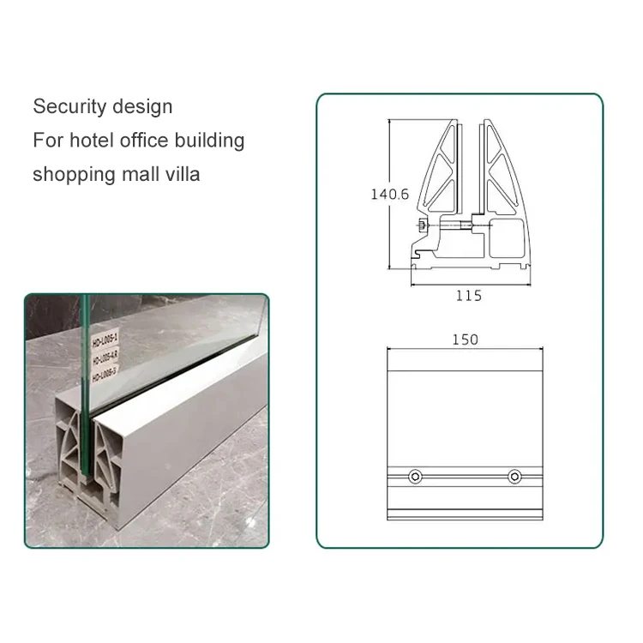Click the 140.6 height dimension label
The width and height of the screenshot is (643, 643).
(x=389, y=194)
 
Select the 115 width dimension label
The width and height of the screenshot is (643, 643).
(x=468, y=296)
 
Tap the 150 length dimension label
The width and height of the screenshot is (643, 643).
(x=465, y=340)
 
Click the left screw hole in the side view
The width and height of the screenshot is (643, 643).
(x=416, y=476)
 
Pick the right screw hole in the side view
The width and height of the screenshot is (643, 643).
(x=514, y=476)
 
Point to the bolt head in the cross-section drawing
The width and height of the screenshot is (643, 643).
(x=423, y=226)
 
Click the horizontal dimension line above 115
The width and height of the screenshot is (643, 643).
(x=468, y=280)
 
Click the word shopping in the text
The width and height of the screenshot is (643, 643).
(x=72, y=175)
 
